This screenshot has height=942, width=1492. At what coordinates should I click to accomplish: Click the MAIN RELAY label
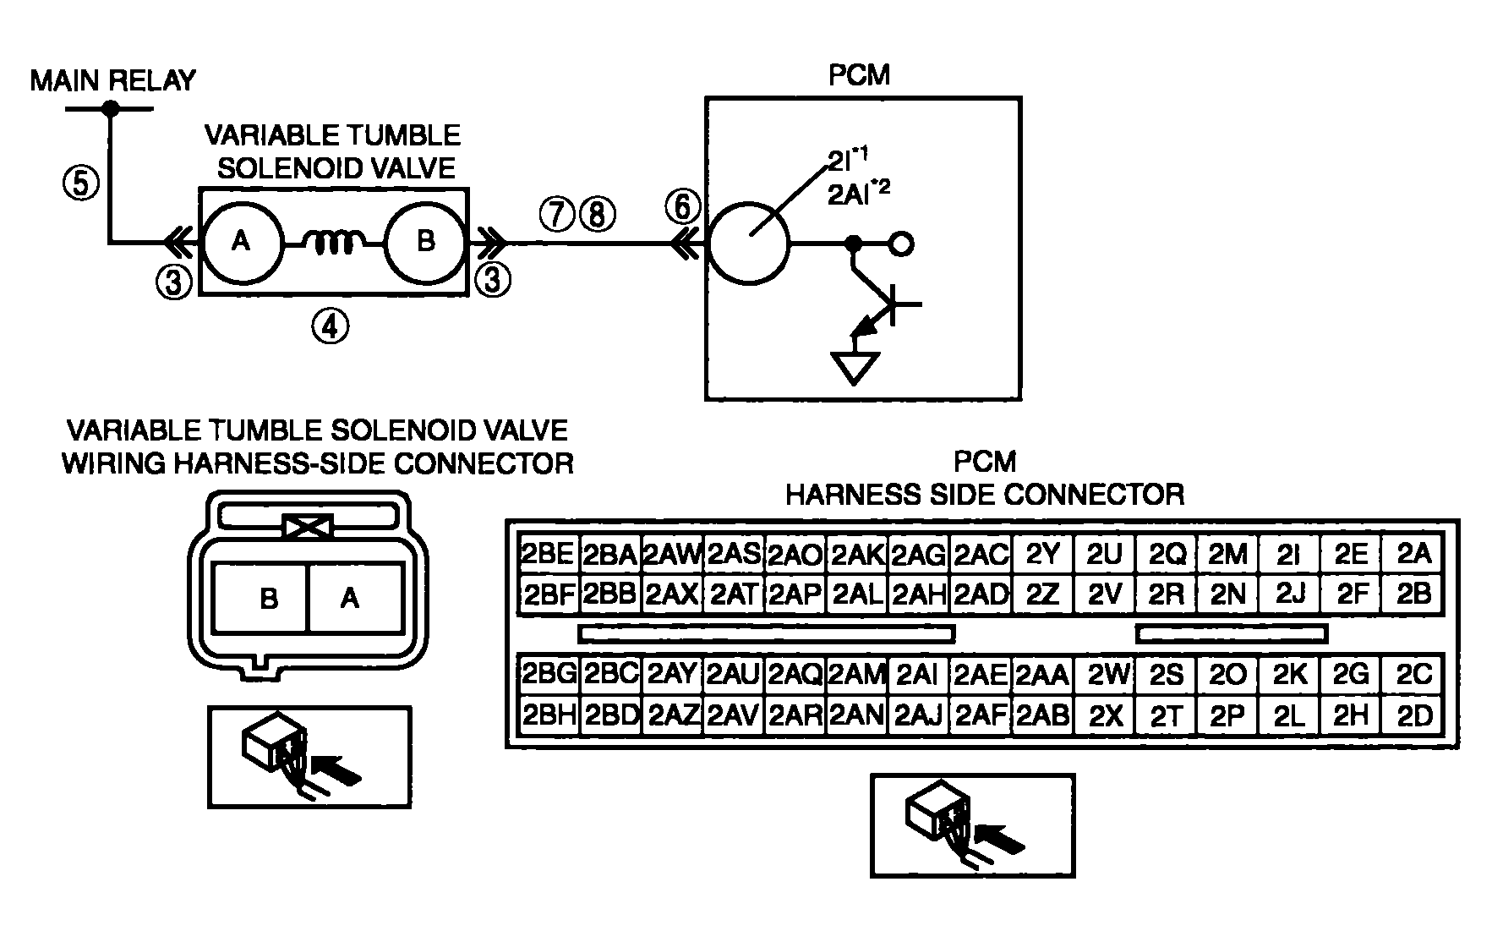[x=112, y=80]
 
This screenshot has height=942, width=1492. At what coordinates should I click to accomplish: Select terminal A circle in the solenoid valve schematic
[x=241, y=243]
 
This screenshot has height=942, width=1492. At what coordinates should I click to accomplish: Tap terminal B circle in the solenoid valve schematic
[x=425, y=243]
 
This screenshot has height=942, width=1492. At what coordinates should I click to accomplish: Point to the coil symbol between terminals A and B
[x=333, y=244]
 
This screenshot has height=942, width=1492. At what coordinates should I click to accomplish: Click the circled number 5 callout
[x=82, y=182]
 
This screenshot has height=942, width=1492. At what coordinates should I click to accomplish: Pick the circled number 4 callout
[x=330, y=326]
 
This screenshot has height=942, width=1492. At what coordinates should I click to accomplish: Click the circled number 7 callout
[x=557, y=215]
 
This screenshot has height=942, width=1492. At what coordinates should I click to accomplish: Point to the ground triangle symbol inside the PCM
[x=855, y=367]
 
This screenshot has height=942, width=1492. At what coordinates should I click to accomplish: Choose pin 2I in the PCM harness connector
[x=1288, y=554]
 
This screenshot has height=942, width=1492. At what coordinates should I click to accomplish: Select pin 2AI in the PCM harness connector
[x=917, y=674]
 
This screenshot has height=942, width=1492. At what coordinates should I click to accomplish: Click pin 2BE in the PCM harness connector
[x=548, y=554]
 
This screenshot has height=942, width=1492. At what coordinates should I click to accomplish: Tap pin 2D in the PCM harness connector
[x=1414, y=715]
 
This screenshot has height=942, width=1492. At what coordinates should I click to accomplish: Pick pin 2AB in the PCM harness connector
[x=1042, y=715]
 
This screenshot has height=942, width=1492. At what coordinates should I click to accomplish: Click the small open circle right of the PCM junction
[x=902, y=244]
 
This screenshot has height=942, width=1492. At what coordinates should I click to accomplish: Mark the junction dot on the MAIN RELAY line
[x=110, y=108]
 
